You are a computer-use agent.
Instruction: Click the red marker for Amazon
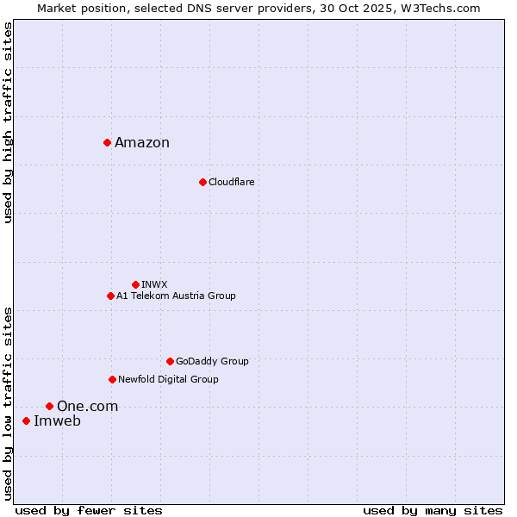coord(107,142)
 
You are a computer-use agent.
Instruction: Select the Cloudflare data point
coord(202,182)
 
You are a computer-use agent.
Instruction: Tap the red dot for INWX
coord(135,284)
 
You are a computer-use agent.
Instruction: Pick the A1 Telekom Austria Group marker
coord(110,296)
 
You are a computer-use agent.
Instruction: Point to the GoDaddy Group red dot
coord(170,361)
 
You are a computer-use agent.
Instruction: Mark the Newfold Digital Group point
coord(112,379)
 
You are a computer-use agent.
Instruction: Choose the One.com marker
coord(49,406)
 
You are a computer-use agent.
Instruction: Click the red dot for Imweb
coord(26,420)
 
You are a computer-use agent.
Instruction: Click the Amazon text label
coord(142,143)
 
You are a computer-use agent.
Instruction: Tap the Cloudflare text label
coord(231,182)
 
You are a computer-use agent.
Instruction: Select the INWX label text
coord(154,284)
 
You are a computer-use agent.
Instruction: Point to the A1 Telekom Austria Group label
coord(176,296)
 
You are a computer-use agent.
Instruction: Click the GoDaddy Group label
coord(212,361)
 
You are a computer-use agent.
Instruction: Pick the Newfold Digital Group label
coord(168,379)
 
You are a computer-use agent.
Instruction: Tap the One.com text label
coord(87,407)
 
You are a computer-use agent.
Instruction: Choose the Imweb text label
coord(57,421)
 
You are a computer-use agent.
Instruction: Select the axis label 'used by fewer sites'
coord(89,510)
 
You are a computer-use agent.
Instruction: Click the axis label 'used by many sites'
coord(433,510)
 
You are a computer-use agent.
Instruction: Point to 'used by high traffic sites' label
coord(8,122)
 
